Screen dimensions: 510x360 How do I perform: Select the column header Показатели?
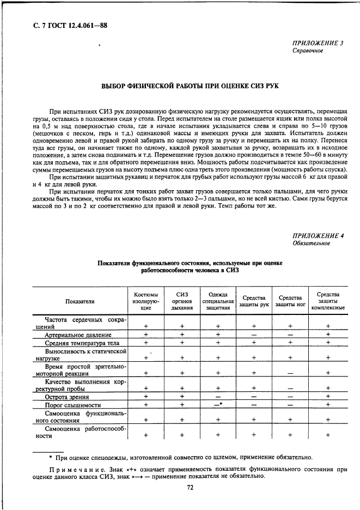[x=80, y=301]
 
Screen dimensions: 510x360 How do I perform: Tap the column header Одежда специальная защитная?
[x=217, y=301]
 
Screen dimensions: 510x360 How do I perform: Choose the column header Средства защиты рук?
[x=254, y=301]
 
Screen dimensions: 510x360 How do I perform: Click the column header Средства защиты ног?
[x=290, y=301]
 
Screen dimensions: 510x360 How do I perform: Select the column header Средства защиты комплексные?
[x=327, y=301]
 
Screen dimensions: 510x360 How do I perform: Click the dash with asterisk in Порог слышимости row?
[x=218, y=405]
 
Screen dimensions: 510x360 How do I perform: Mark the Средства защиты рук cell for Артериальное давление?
[x=254, y=335]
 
